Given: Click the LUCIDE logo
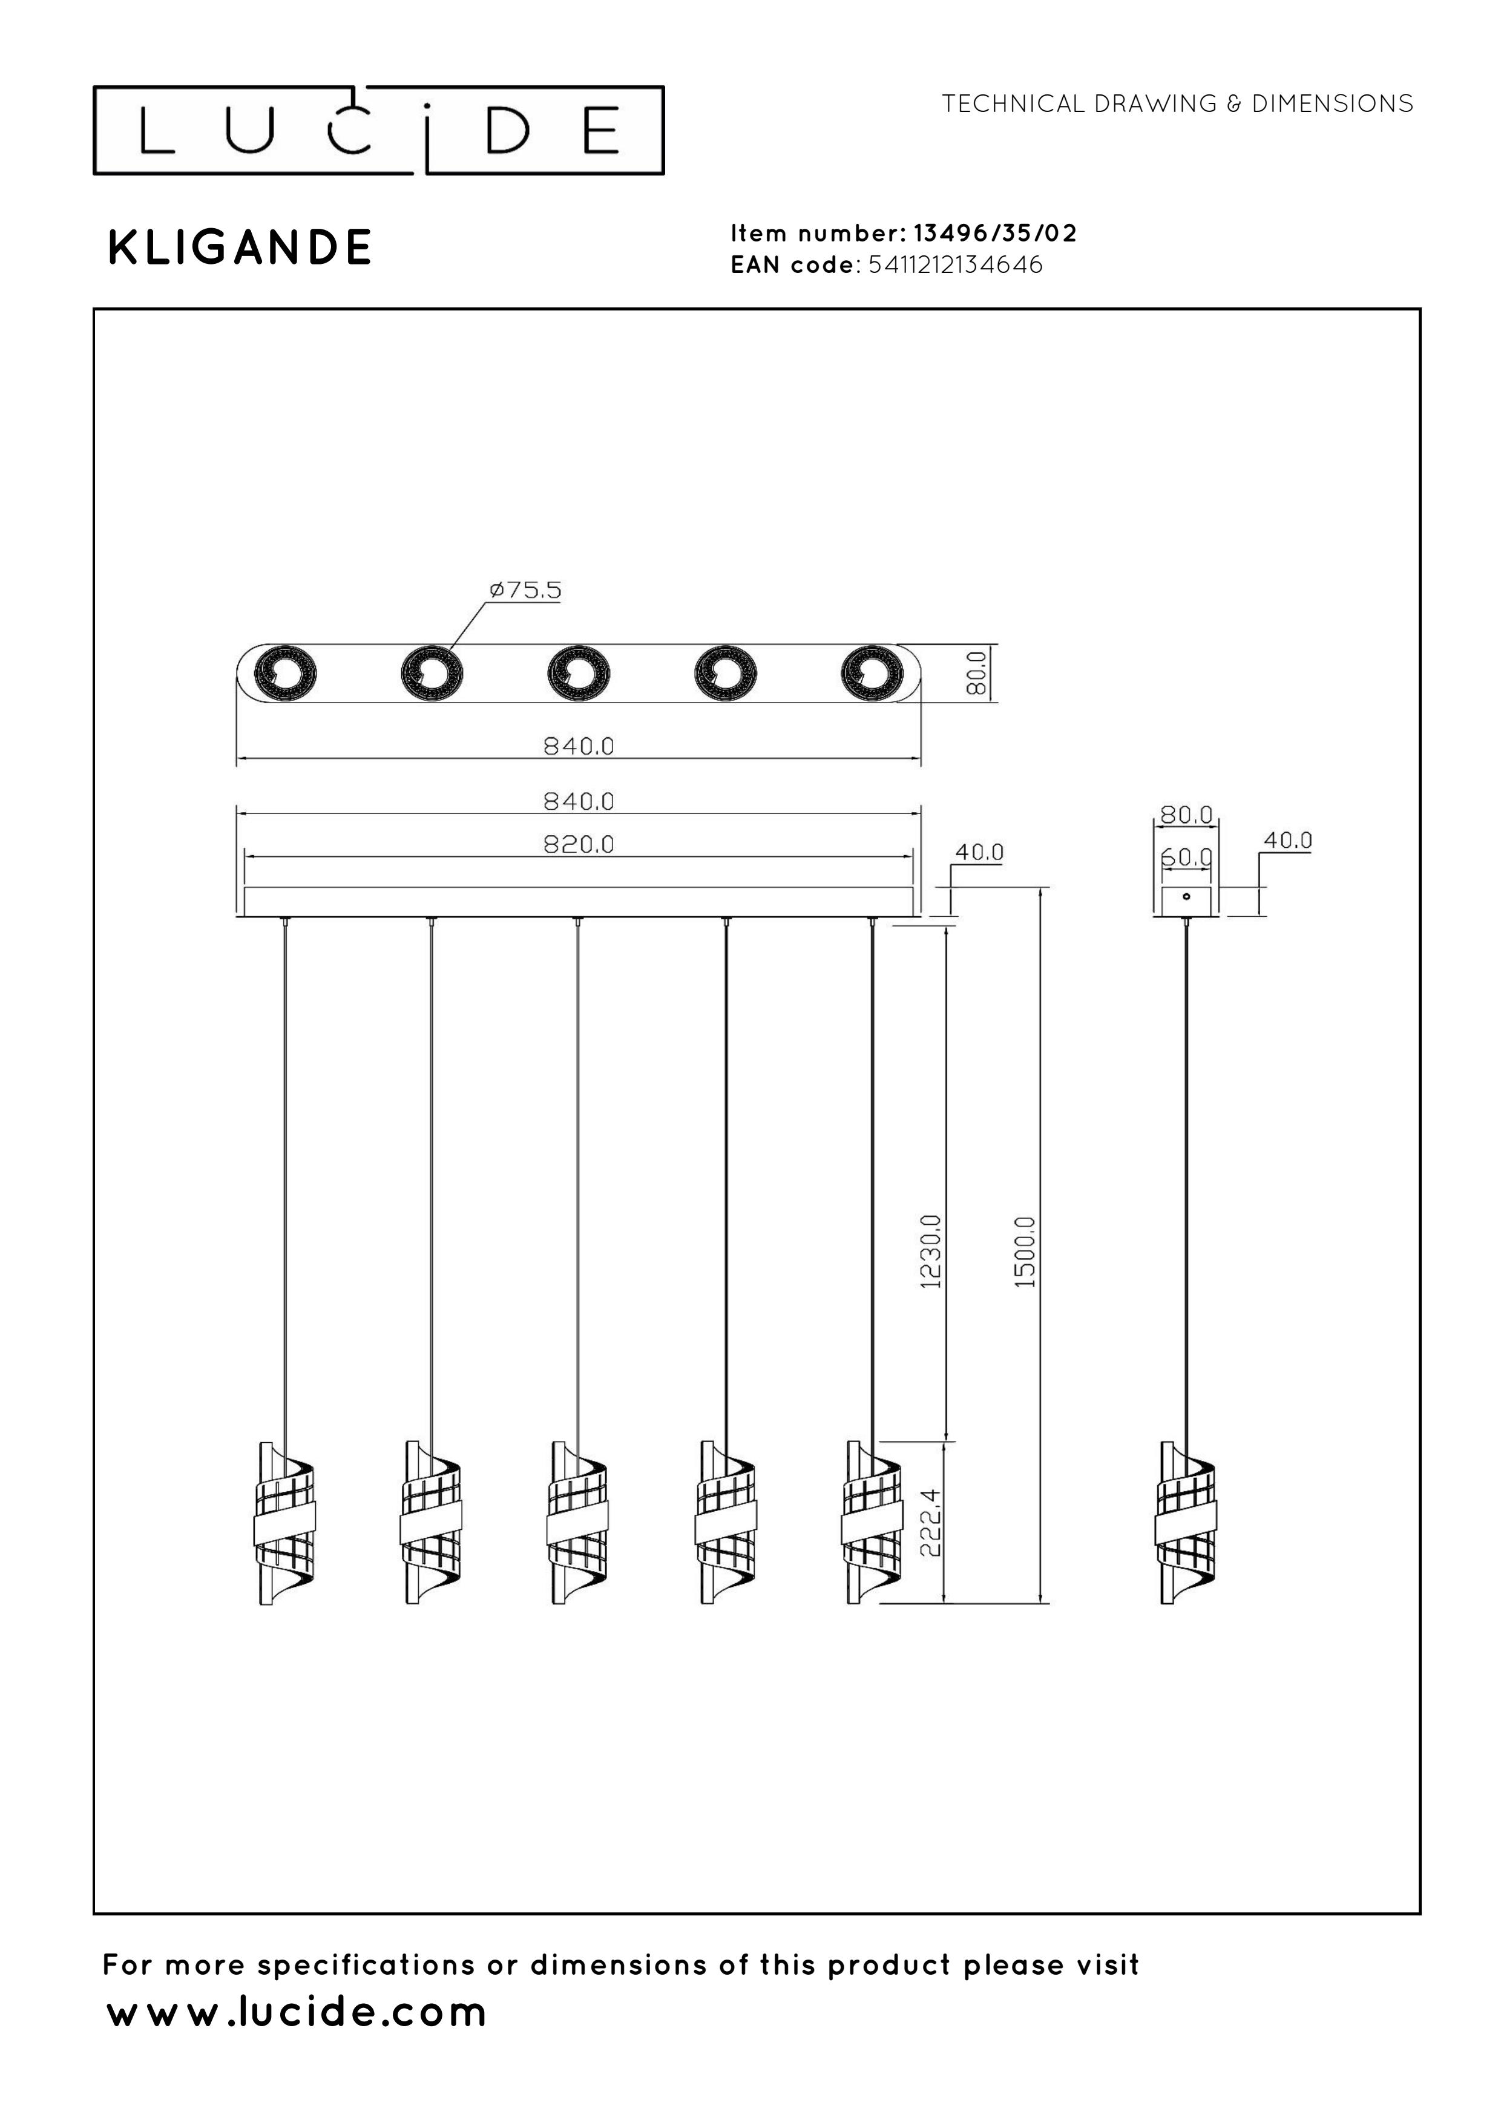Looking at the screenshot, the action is point(378,130).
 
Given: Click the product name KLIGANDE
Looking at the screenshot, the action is point(240,248).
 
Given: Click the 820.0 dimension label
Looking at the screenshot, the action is point(578,844).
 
